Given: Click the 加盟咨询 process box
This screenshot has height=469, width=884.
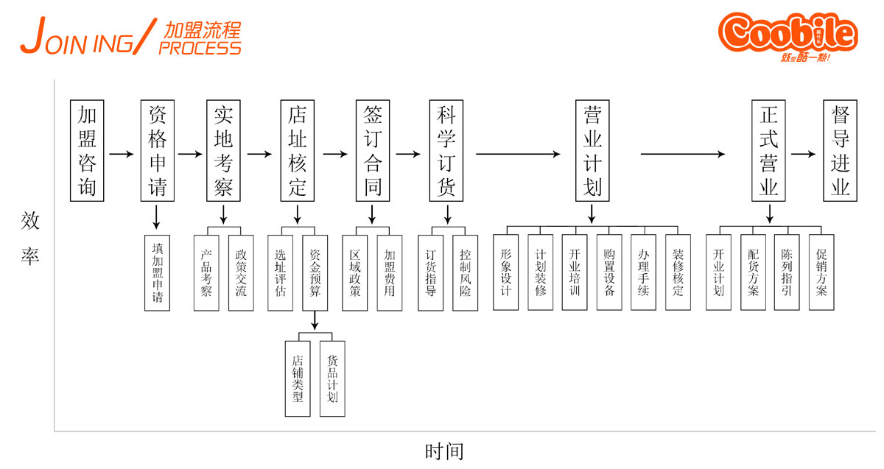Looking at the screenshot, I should pos(88,151).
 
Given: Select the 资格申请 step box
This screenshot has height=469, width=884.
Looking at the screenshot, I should pos(157,151).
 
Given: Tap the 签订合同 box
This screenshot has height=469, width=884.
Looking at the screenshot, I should pos(373,151).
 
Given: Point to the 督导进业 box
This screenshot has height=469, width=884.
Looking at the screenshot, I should pos(841,151).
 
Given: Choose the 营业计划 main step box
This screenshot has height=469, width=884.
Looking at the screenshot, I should pos(592,151).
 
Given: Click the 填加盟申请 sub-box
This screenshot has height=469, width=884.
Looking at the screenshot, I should pos(157,272).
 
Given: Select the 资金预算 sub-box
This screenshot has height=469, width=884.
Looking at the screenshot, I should pos(315,272).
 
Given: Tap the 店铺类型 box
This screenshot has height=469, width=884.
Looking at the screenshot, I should pos(298,378).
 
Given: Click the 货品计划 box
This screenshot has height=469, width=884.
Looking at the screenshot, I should pos(332,378).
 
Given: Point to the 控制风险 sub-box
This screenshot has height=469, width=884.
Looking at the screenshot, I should pos(465,272).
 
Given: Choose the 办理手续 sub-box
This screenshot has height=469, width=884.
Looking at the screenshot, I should pos(643,272).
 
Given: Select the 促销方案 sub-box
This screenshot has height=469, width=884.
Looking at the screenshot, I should pos(821,272).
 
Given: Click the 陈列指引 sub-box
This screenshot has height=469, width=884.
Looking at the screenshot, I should pos(787,272).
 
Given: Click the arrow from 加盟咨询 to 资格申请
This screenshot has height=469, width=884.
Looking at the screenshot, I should pos(122,155).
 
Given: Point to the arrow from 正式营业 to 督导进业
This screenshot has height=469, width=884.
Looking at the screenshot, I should pos(803,155).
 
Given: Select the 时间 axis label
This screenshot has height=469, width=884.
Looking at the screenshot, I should pos(444,451).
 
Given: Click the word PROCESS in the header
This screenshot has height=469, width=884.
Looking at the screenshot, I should pos(200,49).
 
